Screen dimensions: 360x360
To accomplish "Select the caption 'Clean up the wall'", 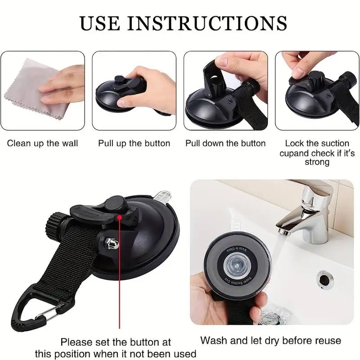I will point(42,144).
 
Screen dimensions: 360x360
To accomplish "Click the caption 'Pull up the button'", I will point(134,144).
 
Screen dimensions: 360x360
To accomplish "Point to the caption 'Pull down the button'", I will point(225,144).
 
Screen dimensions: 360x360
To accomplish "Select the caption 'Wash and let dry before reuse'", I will point(270,340).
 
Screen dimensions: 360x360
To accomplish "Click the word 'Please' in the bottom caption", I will point(75,342).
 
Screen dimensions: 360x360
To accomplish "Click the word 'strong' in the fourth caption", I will point(317,162).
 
